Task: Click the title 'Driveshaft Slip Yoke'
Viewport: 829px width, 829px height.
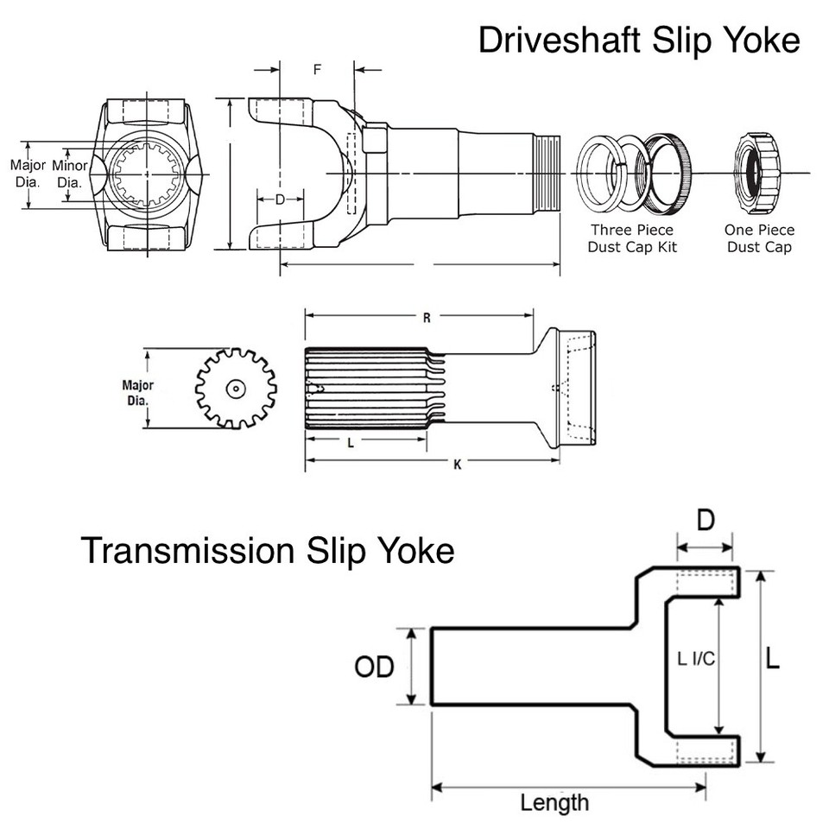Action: click(639, 40)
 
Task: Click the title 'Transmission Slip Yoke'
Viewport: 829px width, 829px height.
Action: click(268, 549)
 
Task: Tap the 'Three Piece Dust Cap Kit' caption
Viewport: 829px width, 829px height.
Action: click(632, 238)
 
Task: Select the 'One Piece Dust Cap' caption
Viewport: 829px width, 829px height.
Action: click(760, 238)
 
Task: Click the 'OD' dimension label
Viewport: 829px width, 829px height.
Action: click(374, 666)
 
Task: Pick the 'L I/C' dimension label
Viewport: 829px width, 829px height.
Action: click(696, 659)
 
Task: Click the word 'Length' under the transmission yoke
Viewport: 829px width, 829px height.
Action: click(554, 802)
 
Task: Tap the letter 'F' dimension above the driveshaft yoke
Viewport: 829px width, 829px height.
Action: click(317, 69)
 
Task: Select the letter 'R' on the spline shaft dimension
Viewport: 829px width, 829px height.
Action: click(427, 317)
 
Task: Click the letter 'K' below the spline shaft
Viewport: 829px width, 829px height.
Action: click(457, 465)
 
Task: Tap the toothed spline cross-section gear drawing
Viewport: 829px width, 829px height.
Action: click(235, 389)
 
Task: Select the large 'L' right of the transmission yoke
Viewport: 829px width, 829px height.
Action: click(773, 660)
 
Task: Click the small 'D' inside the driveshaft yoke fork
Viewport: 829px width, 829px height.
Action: click(280, 199)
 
